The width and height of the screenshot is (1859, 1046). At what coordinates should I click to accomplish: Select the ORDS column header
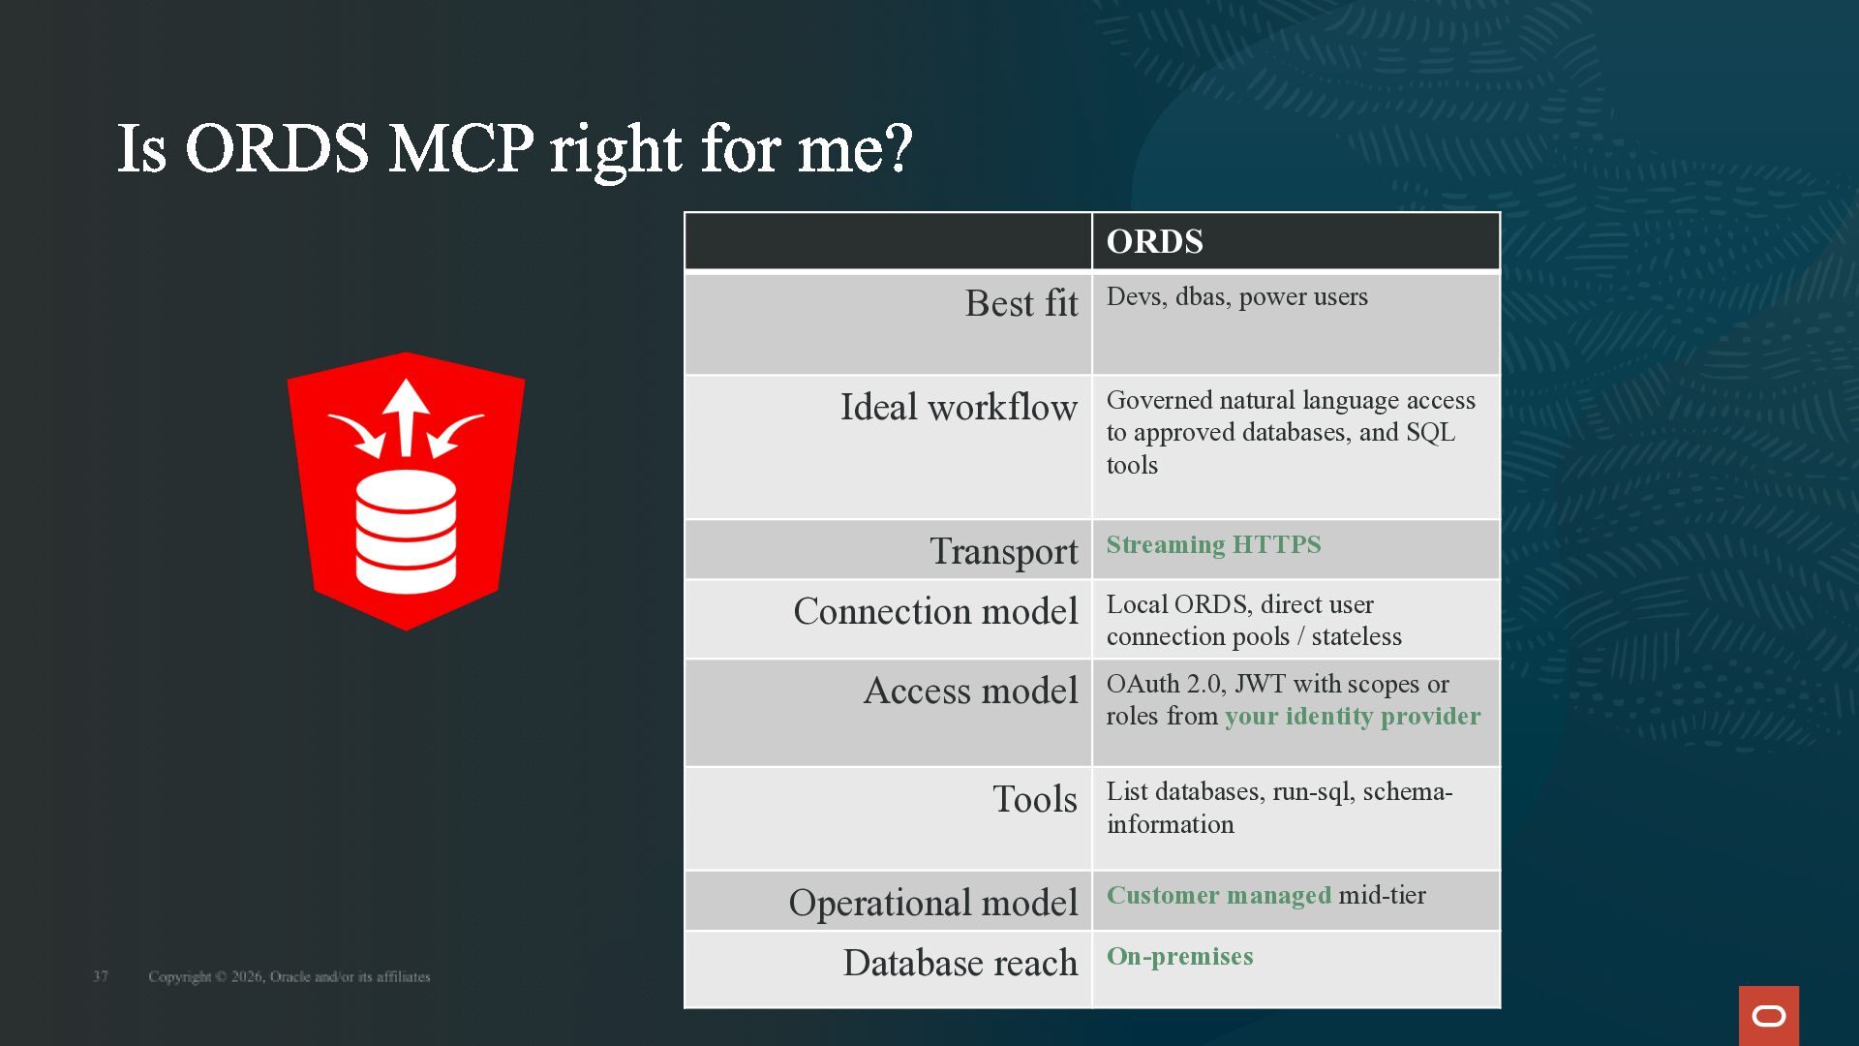pos(1154,241)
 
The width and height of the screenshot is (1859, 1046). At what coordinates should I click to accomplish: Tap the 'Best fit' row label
pos(1021,303)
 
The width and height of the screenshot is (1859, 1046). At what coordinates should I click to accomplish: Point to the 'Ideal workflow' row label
pos(959,407)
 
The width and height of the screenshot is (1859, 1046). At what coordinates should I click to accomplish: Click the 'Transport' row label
pos(1004,551)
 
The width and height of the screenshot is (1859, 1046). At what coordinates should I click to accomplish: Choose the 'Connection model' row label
pos(935,611)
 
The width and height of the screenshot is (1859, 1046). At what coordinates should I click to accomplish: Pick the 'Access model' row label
pos(970,691)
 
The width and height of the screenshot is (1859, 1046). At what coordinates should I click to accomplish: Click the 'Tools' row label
pos(1035,799)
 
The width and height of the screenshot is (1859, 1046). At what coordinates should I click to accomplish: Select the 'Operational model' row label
pos(933,903)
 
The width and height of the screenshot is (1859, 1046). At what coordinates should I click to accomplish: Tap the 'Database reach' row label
pos(960,963)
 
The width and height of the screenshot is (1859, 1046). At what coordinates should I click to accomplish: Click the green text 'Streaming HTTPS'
pos(1213,544)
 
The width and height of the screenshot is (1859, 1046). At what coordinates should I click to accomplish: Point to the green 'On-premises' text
pos(1179,957)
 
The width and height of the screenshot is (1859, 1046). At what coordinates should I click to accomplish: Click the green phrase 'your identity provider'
pos(1353,717)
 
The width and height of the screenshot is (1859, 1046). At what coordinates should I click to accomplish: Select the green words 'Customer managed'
pos(1219,896)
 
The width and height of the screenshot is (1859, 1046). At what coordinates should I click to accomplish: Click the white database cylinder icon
pos(406,532)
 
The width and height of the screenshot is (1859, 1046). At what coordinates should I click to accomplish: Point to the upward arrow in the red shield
pos(406,417)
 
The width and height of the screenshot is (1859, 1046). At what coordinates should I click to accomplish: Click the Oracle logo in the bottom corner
pos(1768,1015)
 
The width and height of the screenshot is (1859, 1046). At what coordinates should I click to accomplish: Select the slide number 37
pos(101,976)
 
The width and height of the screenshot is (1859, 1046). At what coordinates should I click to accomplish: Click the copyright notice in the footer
pos(289,976)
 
